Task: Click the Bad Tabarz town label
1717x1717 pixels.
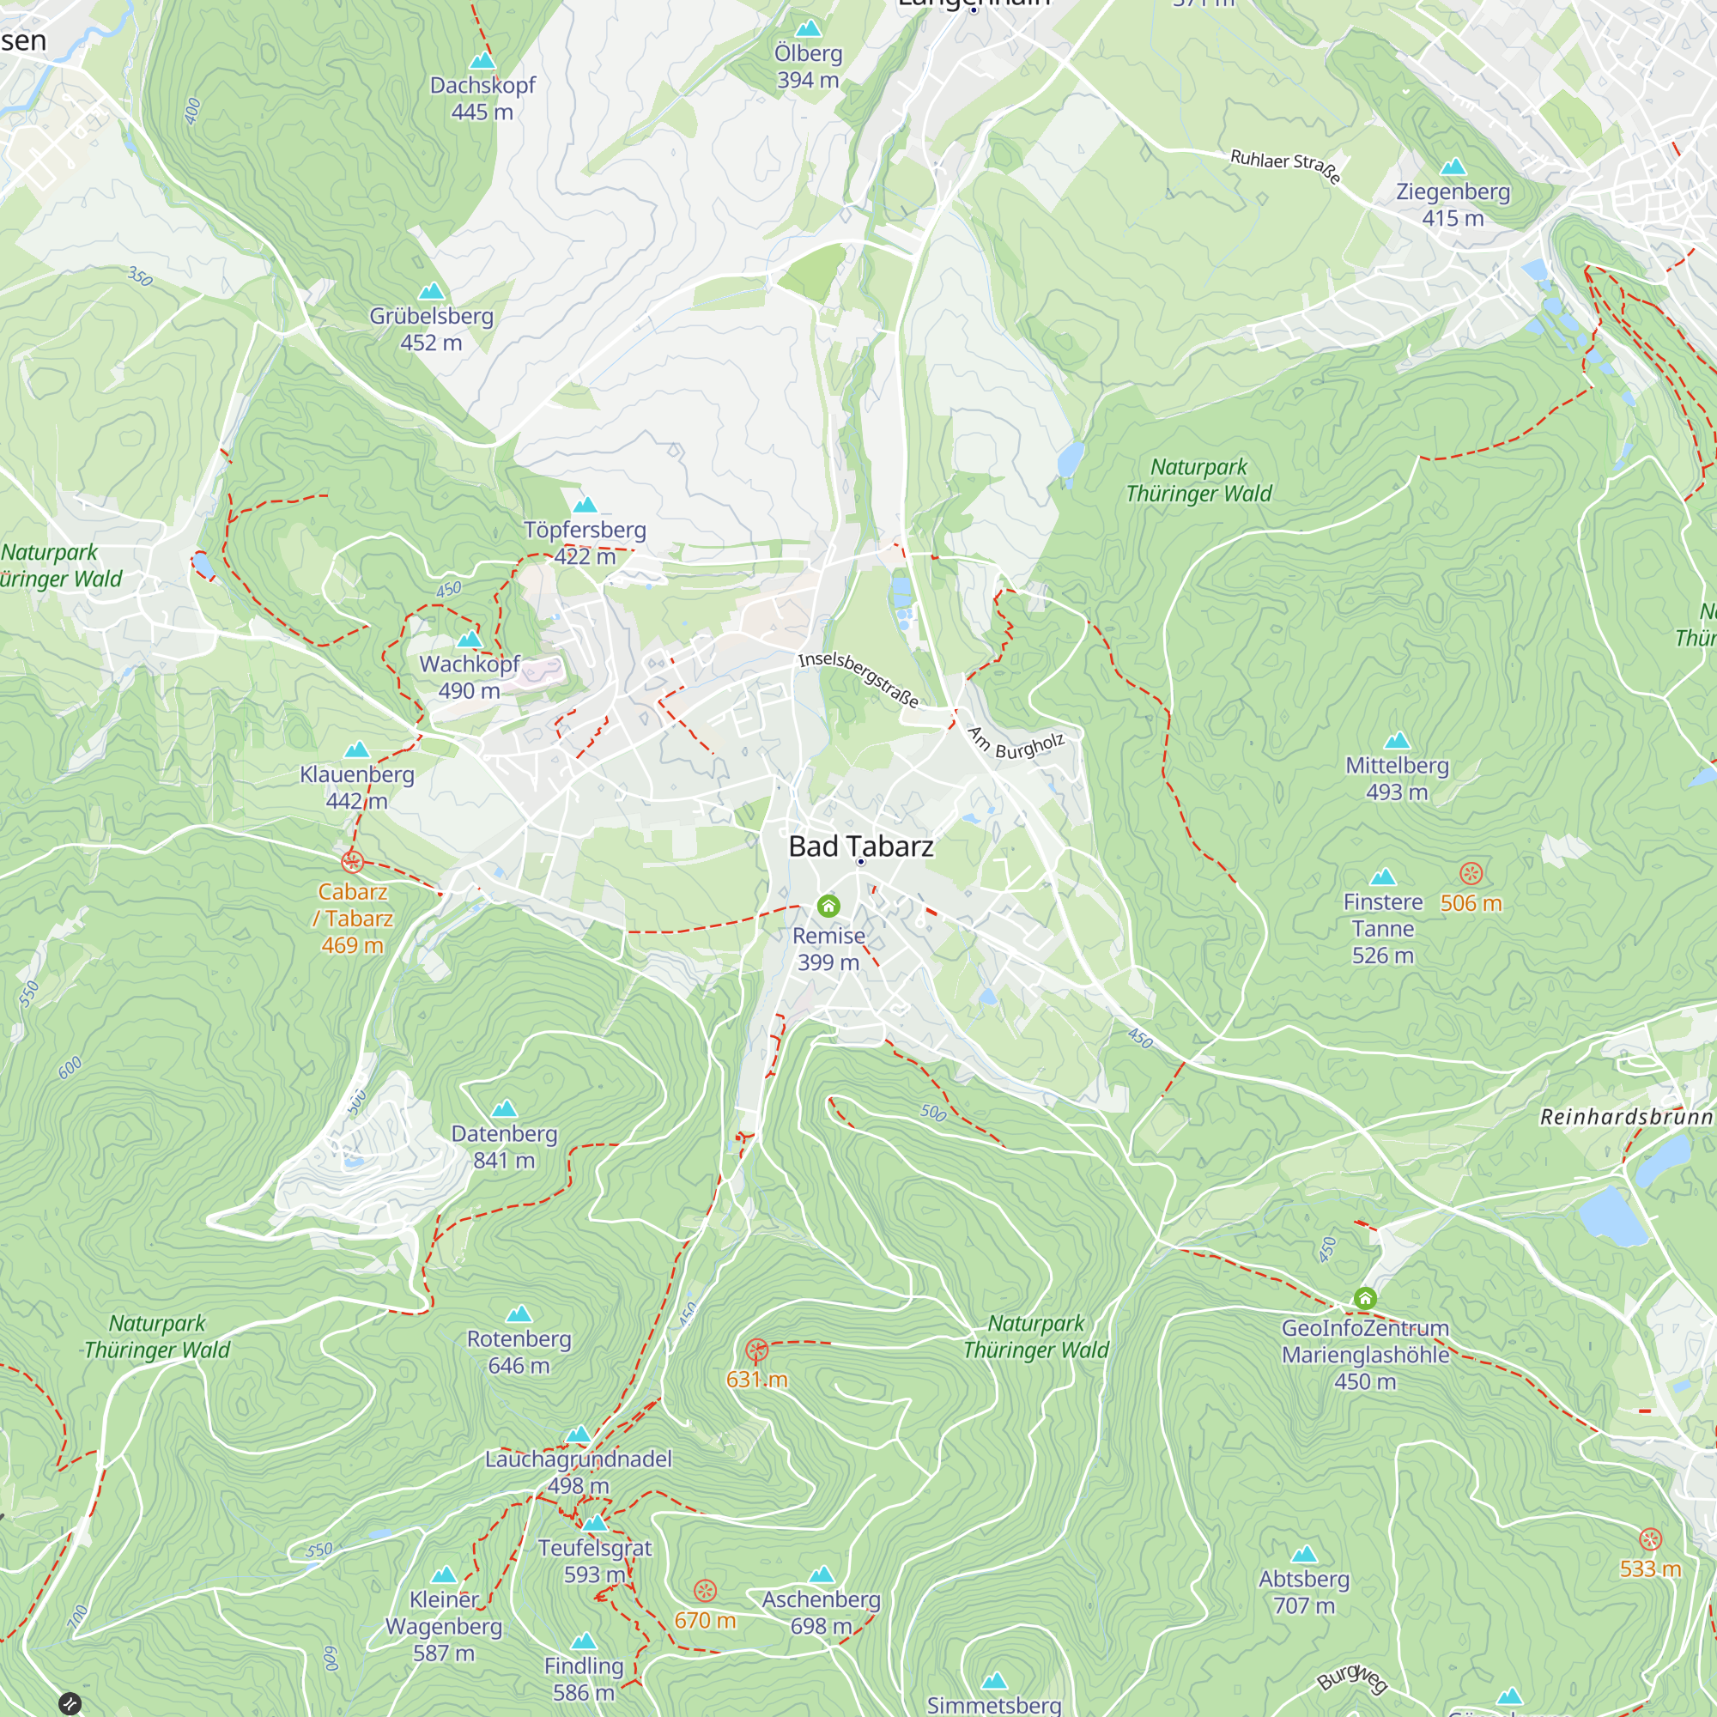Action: (860, 846)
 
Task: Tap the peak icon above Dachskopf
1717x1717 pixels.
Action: (482, 60)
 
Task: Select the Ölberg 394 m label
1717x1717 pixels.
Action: (808, 67)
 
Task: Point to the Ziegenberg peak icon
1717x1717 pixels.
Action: (1453, 167)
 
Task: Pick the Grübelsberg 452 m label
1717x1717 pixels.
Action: (431, 329)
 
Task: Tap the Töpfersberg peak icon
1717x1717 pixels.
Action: (585, 505)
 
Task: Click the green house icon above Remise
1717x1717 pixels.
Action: (828, 906)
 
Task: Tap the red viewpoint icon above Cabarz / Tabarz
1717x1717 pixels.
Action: (352, 861)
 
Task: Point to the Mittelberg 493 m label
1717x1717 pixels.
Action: (1396, 779)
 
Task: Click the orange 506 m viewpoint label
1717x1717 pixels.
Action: (1471, 903)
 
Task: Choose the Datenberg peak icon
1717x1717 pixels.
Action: (504, 1108)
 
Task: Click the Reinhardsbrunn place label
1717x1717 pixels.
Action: (1625, 1117)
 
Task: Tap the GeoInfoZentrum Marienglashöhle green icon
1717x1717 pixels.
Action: (1365, 1298)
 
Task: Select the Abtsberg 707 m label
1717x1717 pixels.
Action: (1304, 1592)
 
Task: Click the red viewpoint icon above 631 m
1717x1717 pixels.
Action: (756, 1350)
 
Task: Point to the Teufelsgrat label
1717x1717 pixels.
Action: (595, 1547)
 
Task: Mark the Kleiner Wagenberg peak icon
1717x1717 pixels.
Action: (444, 1575)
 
